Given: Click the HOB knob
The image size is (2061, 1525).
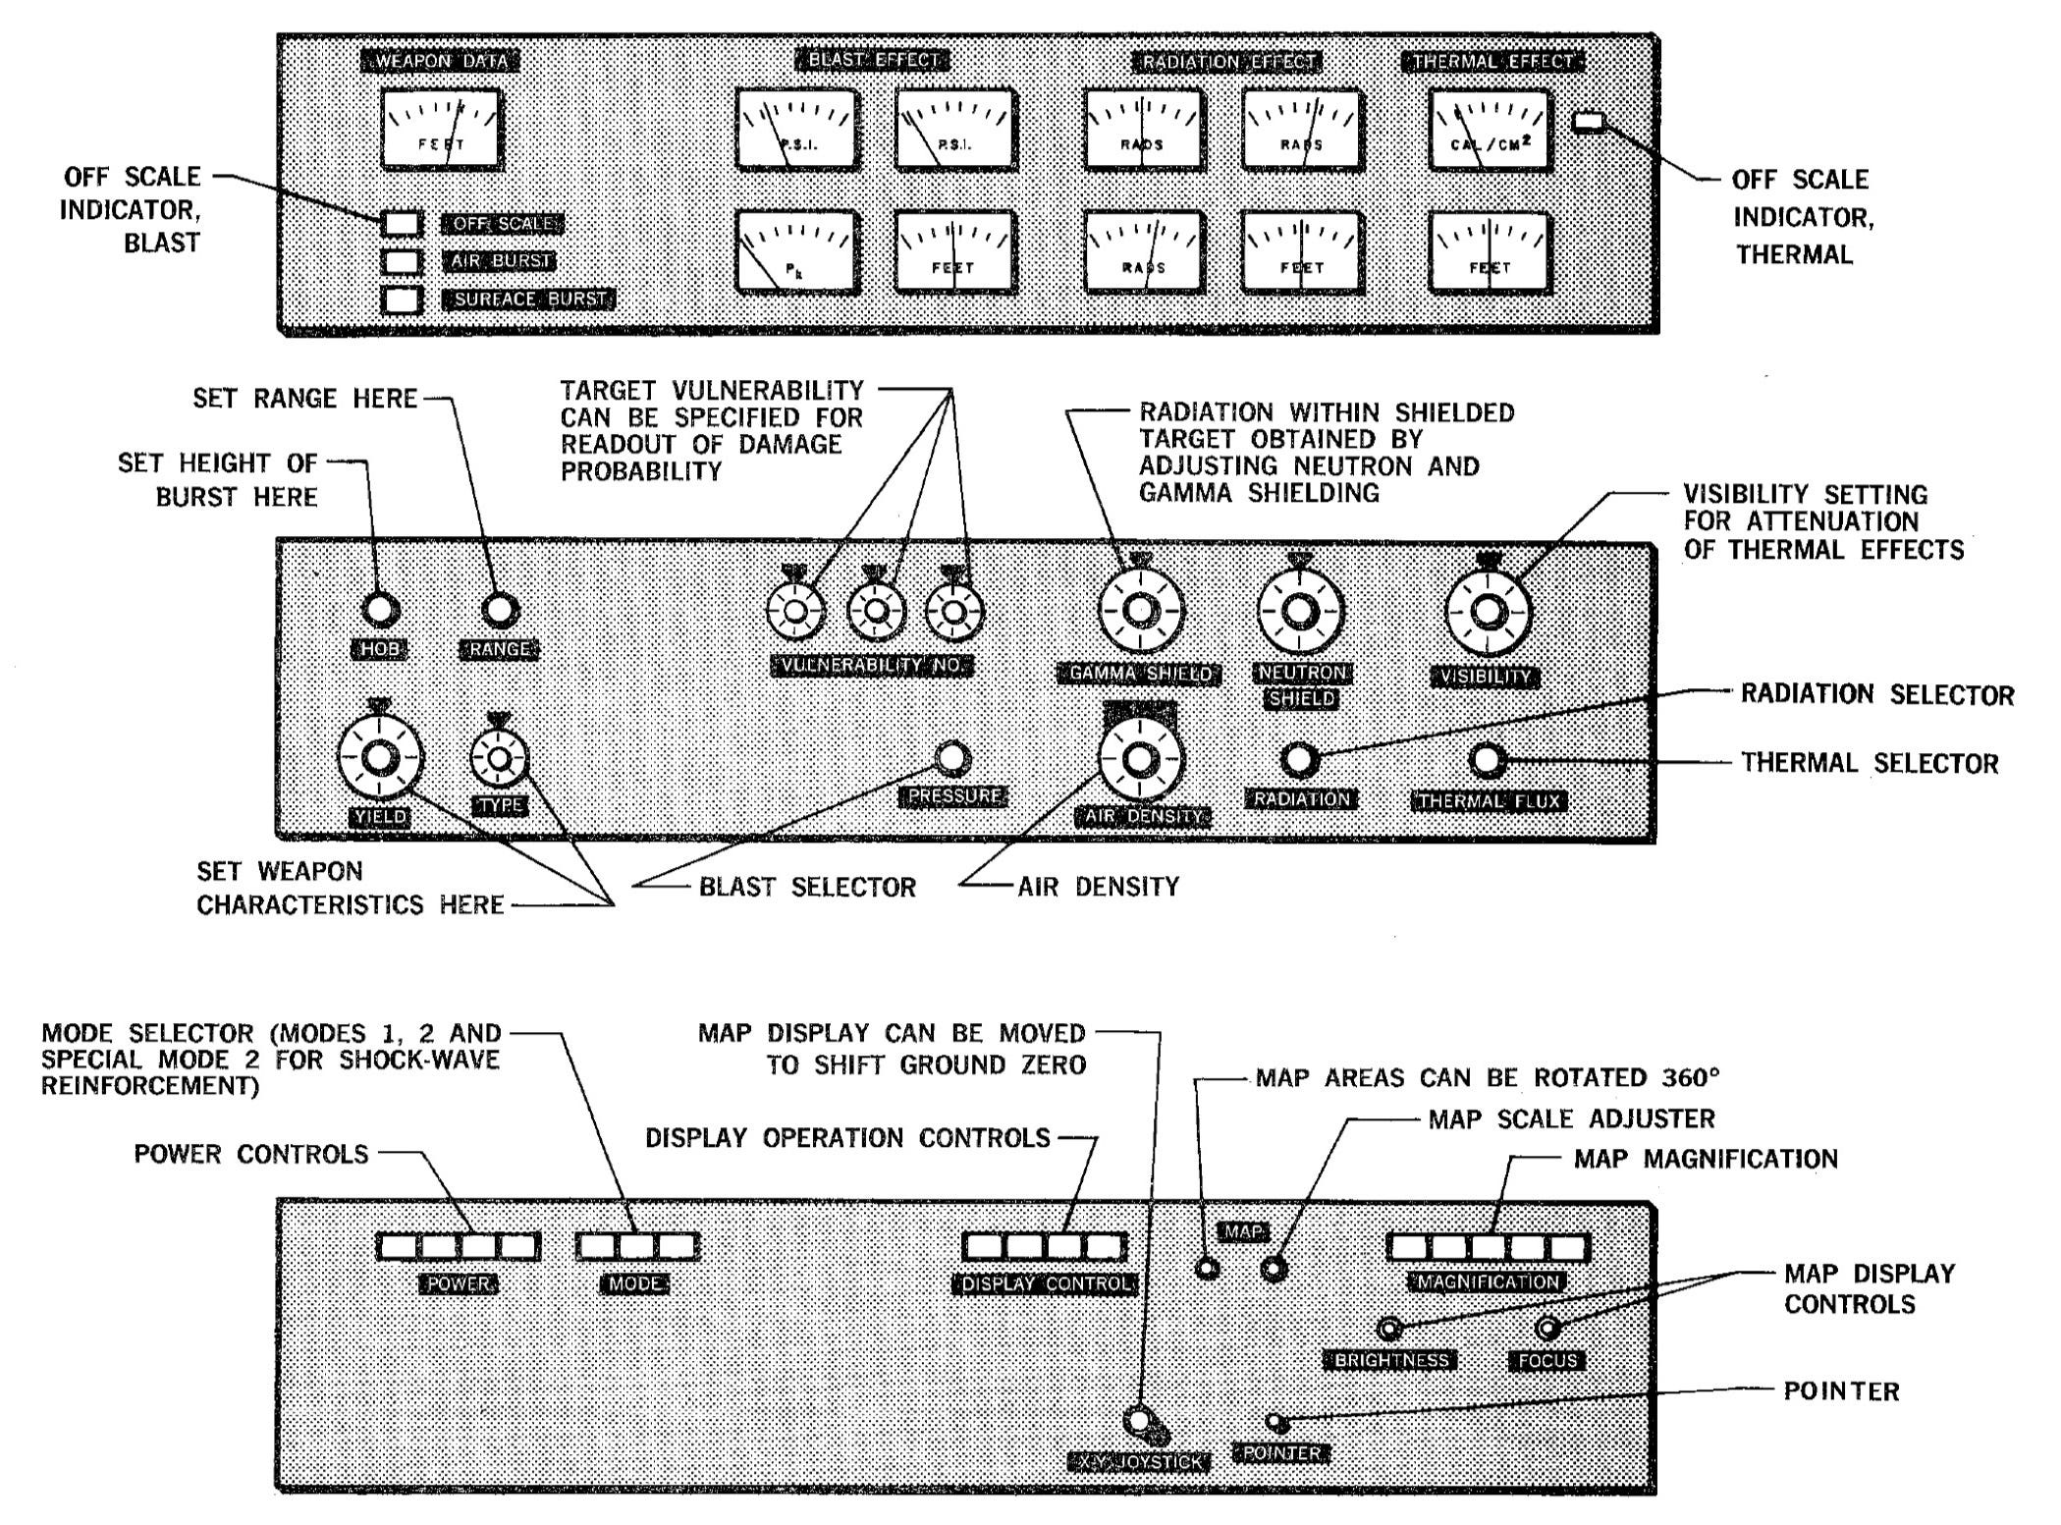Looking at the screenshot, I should [x=380, y=610].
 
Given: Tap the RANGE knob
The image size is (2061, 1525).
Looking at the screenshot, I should [x=500, y=610].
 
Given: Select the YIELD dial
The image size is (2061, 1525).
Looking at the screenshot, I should [x=381, y=758].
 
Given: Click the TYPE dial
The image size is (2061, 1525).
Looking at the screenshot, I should [x=499, y=758].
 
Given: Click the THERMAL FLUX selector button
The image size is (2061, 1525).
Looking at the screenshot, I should [x=1488, y=760].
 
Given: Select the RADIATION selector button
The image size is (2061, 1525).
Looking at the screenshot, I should [x=1300, y=760].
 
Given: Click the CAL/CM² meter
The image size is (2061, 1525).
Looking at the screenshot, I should [x=1490, y=130].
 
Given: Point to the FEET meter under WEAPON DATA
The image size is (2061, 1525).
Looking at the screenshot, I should [x=441, y=129].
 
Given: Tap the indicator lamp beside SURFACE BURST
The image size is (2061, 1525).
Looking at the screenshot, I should [x=402, y=300].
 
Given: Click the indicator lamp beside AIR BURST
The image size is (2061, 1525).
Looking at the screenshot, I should [x=402, y=261].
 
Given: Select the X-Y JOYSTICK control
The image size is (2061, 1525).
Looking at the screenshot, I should [x=1139, y=1420].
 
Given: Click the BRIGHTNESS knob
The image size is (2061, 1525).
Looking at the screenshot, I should [x=1389, y=1329].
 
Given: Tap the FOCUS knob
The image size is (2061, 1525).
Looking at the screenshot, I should [x=1547, y=1329].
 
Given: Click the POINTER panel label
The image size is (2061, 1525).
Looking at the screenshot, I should [x=1282, y=1453].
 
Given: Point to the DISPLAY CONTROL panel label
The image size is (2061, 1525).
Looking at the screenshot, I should [x=1045, y=1284].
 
